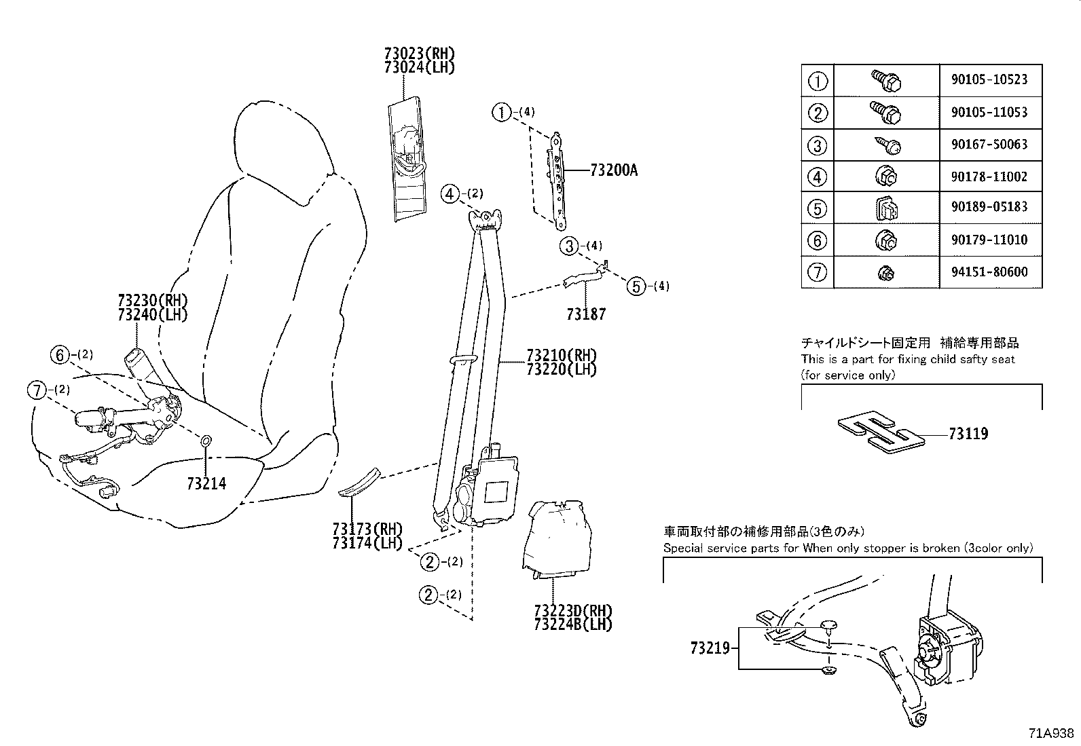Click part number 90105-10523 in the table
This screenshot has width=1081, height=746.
(x=989, y=79)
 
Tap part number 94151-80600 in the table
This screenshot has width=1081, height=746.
(x=989, y=272)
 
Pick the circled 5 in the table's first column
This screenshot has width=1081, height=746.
(x=817, y=208)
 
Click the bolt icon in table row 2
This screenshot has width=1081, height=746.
(x=886, y=113)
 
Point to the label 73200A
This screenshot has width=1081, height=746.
(x=614, y=170)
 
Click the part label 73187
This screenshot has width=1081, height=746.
(x=586, y=314)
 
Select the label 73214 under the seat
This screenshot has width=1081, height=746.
(x=206, y=483)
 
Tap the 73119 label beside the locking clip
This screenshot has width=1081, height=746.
(x=968, y=434)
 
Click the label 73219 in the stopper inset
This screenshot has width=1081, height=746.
(x=710, y=648)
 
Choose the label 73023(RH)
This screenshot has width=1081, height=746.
(x=420, y=53)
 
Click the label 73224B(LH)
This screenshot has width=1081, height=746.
(x=573, y=624)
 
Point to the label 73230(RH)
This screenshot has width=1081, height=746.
(x=153, y=300)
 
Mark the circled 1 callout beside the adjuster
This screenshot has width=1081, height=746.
(x=501, y=113)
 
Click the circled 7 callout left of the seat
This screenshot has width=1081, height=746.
(x=37, y=390)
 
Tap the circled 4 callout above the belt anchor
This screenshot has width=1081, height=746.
(x=450, y=194)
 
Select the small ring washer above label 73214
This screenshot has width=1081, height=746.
(x=205, y=441)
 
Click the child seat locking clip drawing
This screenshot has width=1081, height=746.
(x=881, y=432)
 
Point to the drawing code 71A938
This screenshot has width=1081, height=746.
(x=1051, y=734)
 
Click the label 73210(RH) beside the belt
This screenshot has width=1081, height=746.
(x=562, y=355)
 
